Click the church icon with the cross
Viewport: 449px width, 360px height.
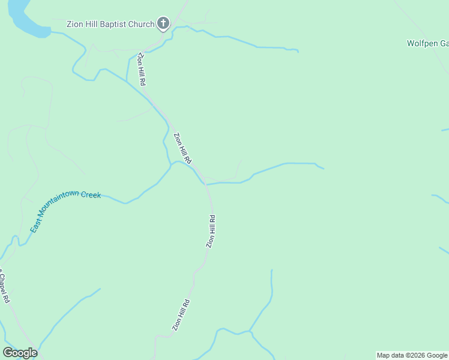coord(163,23)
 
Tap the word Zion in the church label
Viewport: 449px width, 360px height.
coord(76,25)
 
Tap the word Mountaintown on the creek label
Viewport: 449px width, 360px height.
coord(61,205)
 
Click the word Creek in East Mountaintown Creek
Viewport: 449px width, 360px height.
coord(91,195)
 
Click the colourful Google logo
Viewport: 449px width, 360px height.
coord(20,353)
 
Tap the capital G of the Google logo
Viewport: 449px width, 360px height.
coord(8,353)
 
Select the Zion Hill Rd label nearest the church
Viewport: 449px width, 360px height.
coord(142,69)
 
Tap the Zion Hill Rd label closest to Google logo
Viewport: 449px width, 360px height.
coord(181,315)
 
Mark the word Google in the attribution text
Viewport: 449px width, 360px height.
coord(436,355)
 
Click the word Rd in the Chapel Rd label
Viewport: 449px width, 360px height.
coord(6,297)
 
